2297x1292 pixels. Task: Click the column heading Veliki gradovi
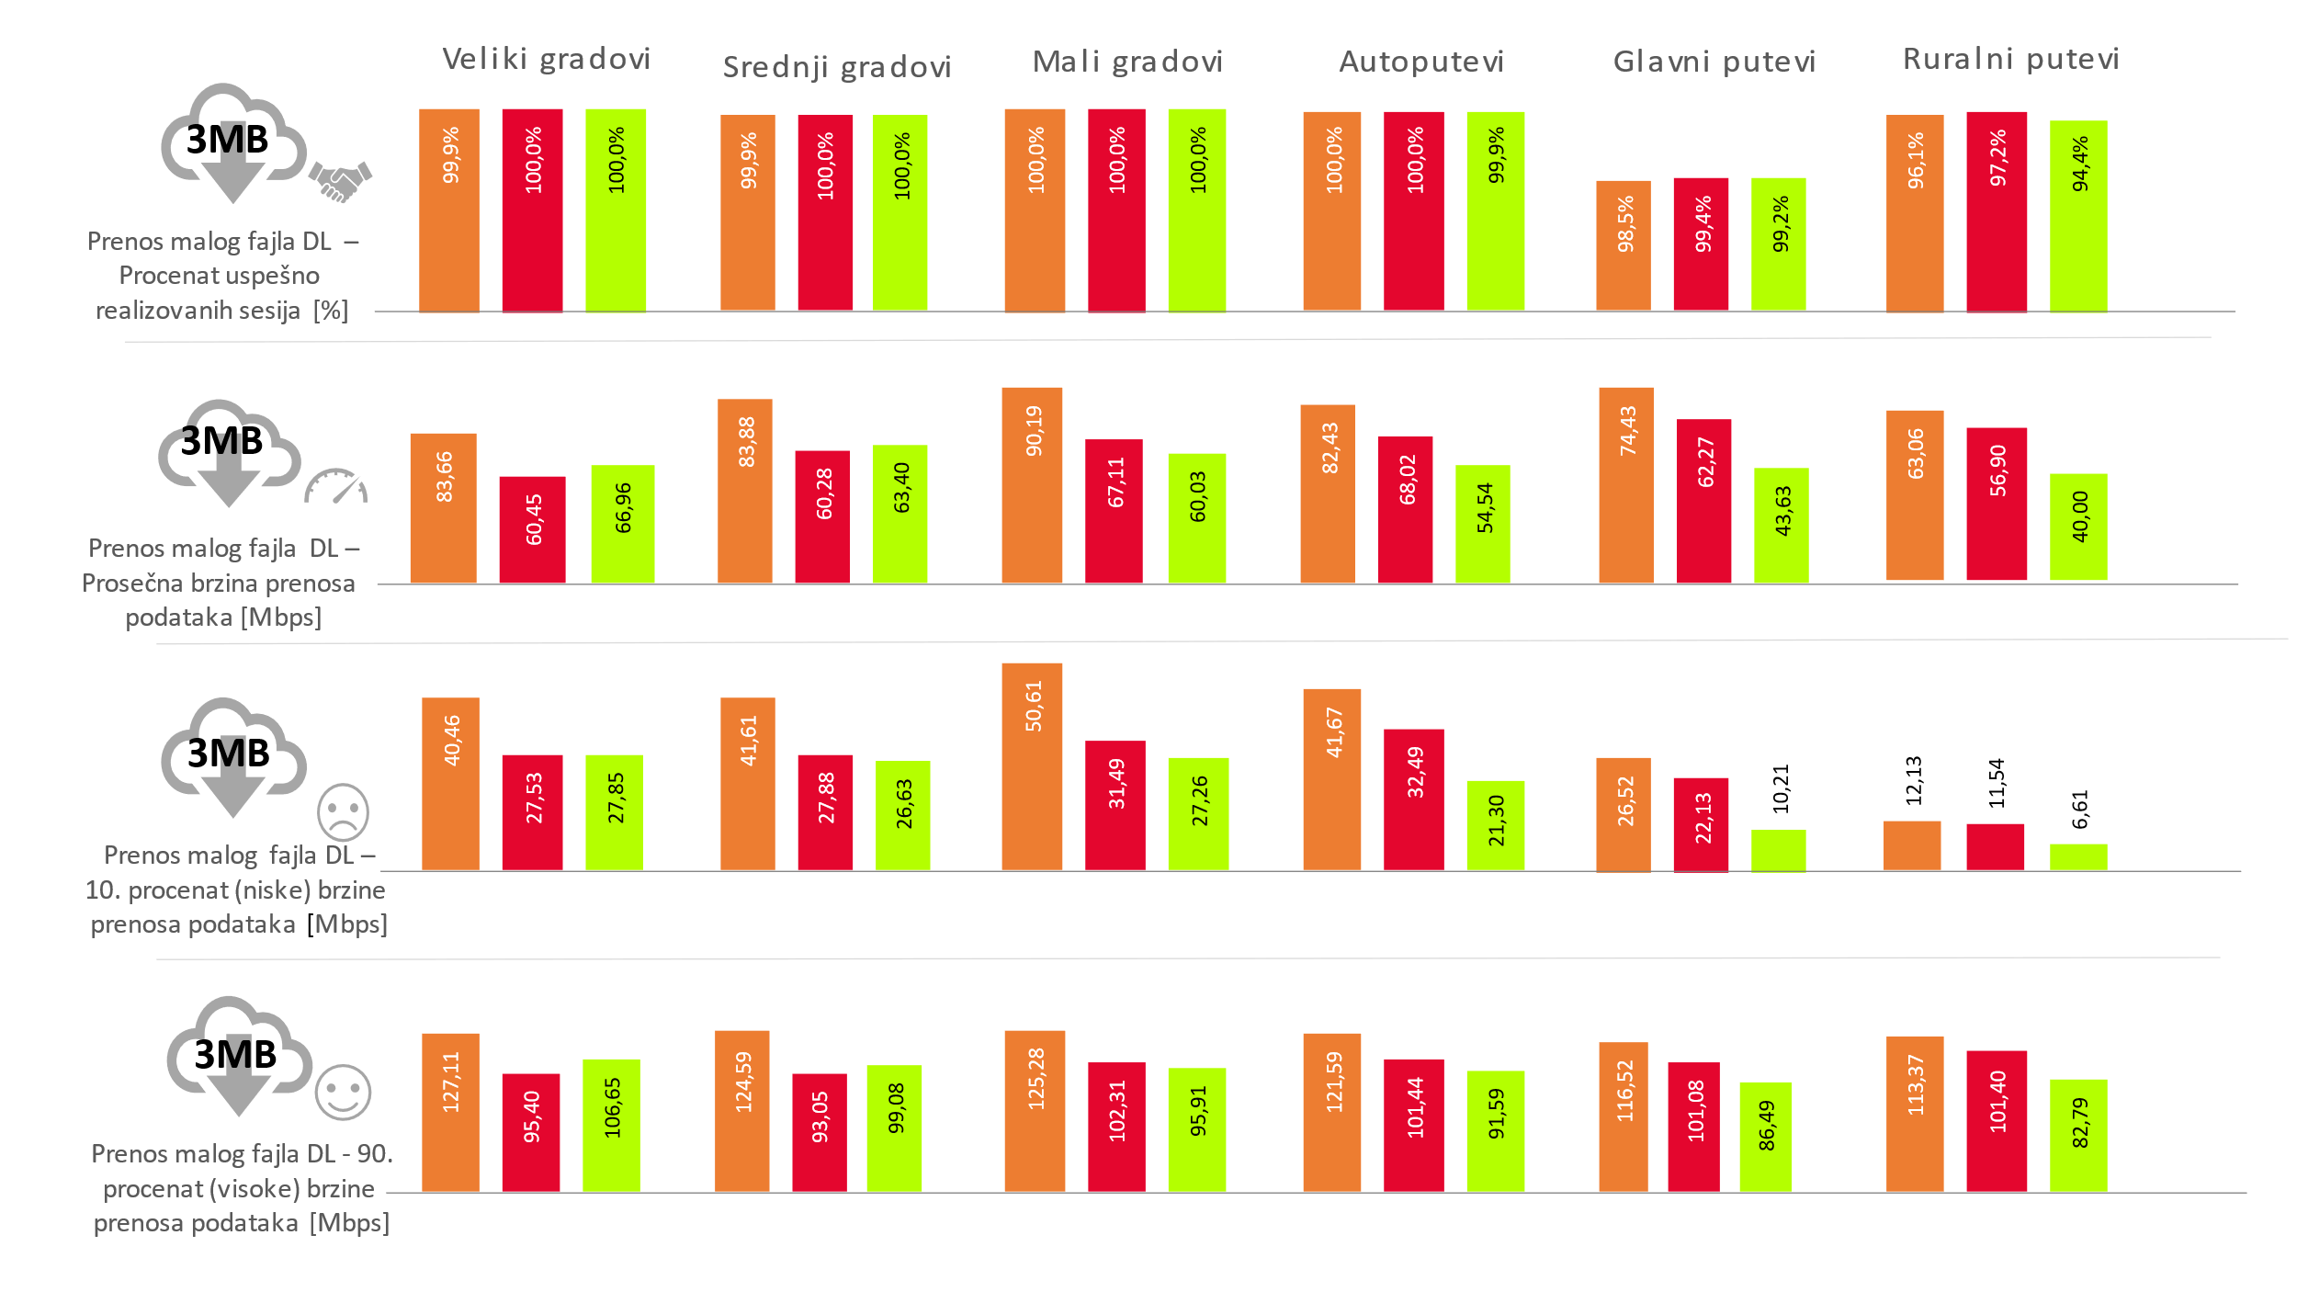(546, 59)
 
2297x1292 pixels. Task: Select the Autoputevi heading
(1420, 62)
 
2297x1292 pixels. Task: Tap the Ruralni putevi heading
(2010, 59)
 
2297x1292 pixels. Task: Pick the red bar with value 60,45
(532, 529)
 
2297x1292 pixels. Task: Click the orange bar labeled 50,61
(1031, 766)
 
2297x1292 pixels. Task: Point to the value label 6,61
(2080, 809)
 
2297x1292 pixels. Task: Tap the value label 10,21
(1781, 788)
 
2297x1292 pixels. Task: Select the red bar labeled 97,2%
(1996, 212)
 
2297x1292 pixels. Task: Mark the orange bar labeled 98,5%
(1623, 245)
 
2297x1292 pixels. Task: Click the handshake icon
(340, 180)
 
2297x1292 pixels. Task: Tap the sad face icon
(343, 812)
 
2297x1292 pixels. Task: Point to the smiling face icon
(343, 1093)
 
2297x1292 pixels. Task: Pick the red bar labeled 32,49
(1413, 799)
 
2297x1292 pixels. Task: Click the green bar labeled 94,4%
(2078, 216)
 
